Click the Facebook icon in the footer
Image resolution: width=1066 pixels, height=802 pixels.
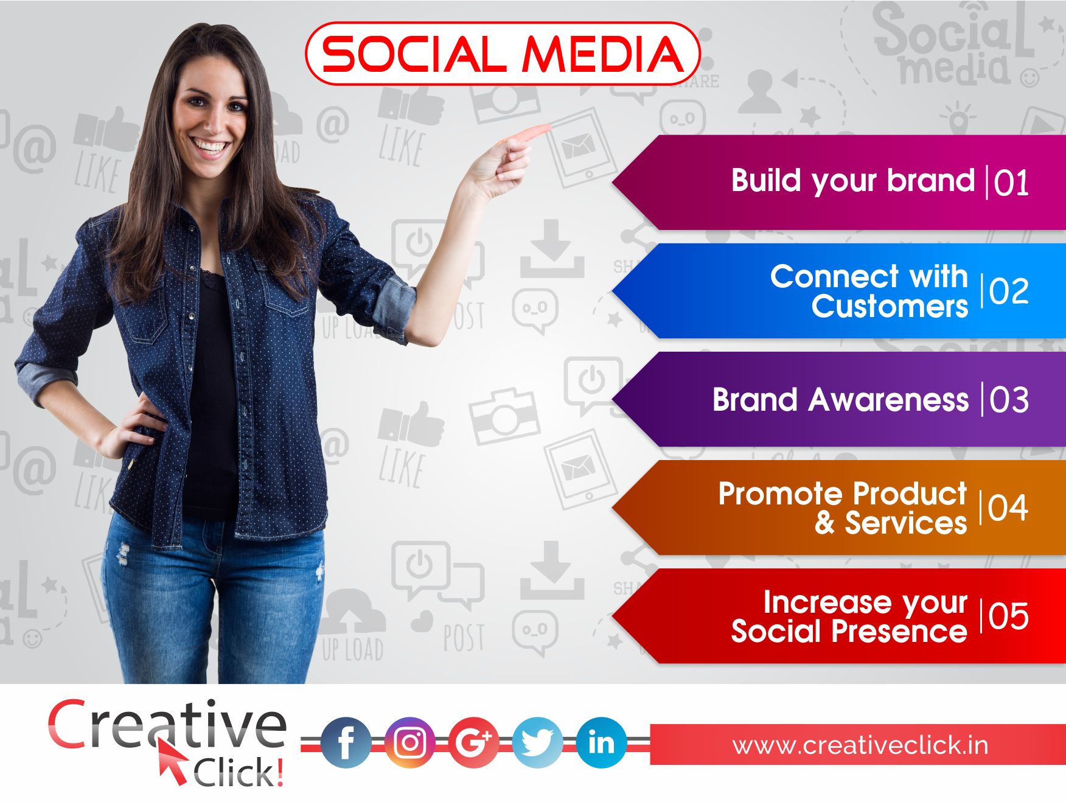click(x=345, y=742)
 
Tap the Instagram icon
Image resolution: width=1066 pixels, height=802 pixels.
click(x=409, y=742)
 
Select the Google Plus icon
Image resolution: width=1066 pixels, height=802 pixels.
click(x=473, y=742)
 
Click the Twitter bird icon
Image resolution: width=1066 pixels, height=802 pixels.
click(x=537, y=742)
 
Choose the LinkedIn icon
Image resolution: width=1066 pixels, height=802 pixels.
click(x=601, y=742)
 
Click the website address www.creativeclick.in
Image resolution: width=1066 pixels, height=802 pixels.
click(x=860, y=745)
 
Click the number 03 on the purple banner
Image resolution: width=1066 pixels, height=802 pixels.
click(x=1009, y=400)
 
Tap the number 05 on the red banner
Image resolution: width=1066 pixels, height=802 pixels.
click(x=1009, y=616)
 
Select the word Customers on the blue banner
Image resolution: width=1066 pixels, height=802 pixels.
click(x=890, y=306)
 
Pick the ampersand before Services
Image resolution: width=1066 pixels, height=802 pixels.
click(x=825, y=523)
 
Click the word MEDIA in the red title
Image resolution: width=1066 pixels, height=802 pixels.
click(x=603, y=54)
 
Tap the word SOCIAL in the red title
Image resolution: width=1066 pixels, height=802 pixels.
click(x=413, y=54)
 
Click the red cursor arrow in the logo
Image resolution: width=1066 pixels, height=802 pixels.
click(x=172, y=761)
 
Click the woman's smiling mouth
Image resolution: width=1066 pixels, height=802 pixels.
click(x=209, y=147)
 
